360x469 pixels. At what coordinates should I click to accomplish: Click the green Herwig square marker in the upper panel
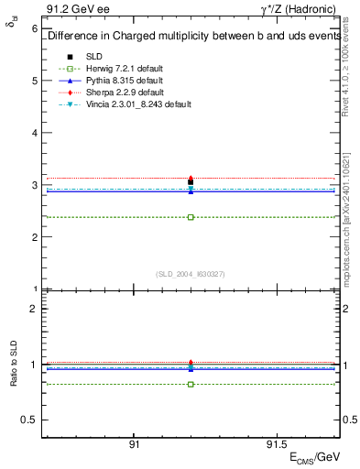pyautogui.click(x=191, y=217)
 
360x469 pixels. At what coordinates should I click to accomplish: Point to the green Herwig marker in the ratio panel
pyautogui.click(x=191, y=384)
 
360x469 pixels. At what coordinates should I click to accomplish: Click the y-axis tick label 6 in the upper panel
pyautogui.click(x=35, y=28)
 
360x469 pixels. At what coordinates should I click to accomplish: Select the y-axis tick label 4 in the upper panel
pyautogui.click(x=35, y=133)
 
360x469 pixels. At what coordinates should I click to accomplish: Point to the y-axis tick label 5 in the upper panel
pyautogui.click(x=35, y=81)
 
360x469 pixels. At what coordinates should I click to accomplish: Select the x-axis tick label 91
pyautogui.click(x=134, y=443)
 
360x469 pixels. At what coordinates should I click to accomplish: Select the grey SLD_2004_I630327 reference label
pyautogui.click(x=191, y=273)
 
